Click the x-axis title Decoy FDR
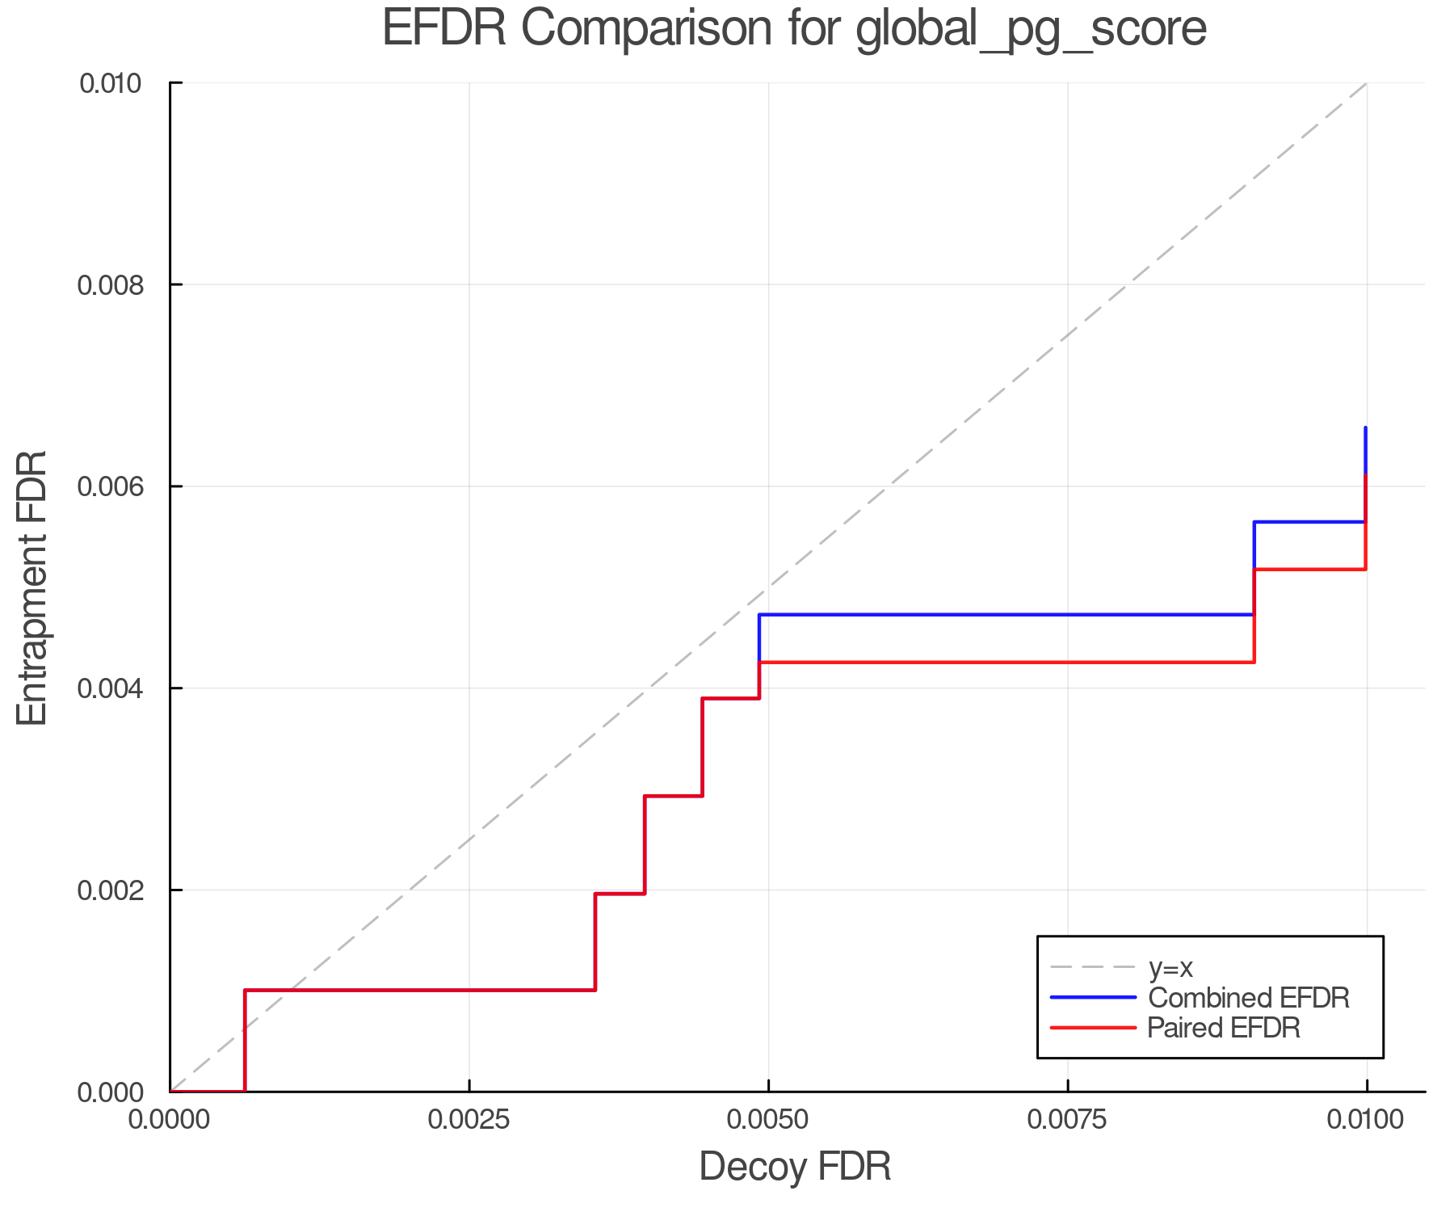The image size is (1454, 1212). pyautogui.click(x=794, y=1167)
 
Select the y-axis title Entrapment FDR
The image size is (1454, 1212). pyautogui.click(x=32, y=588)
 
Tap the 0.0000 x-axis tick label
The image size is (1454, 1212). pyautogui.click(x=170, y=1119)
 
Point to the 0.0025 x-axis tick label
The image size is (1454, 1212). pyautogui.click(x=469, y=1119)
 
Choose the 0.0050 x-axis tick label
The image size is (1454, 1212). pyautogui.click(x=768, y=1119)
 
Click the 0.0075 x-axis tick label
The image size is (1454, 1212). pyautogui.click(x=1068, y=1119)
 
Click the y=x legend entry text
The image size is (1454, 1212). pyautogui.click(x=1170, y=967)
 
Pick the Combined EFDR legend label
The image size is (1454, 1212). pyautogui.click(x=1248, y=998)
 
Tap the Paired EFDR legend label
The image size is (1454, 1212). pyautogui.click(x=1224, y=1028)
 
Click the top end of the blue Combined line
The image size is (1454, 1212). pyautogui.click(x=1366, y=428)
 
